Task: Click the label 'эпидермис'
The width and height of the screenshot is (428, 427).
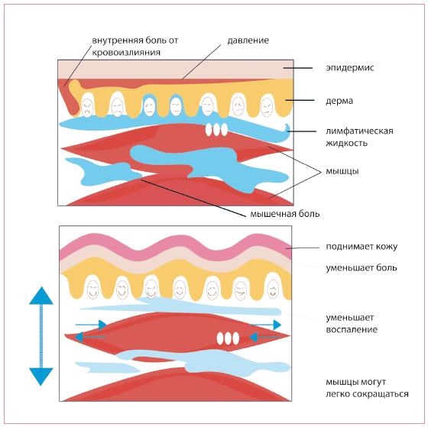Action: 350,68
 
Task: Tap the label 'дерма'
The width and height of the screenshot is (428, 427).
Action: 339,101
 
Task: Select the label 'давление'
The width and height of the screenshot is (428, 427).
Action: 248,40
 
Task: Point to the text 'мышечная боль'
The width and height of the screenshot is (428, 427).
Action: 284,214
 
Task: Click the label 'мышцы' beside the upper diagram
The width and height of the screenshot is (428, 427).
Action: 342,171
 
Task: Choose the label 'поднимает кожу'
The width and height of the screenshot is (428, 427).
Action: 362,247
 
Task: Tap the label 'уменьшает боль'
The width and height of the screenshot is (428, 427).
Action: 362,267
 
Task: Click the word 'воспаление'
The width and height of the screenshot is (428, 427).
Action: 352,329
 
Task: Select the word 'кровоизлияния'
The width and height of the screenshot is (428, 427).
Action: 126,53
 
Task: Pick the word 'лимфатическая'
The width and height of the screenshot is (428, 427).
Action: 359,131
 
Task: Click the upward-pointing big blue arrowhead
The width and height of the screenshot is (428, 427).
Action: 41,296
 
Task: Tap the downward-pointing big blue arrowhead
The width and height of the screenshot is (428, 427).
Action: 41,377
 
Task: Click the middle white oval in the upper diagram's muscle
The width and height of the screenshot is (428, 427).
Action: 216,130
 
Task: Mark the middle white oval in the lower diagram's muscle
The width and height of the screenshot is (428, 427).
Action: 228,338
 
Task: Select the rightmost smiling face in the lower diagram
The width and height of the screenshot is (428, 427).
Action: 273,290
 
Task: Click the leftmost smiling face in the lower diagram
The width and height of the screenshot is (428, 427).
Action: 92,290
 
